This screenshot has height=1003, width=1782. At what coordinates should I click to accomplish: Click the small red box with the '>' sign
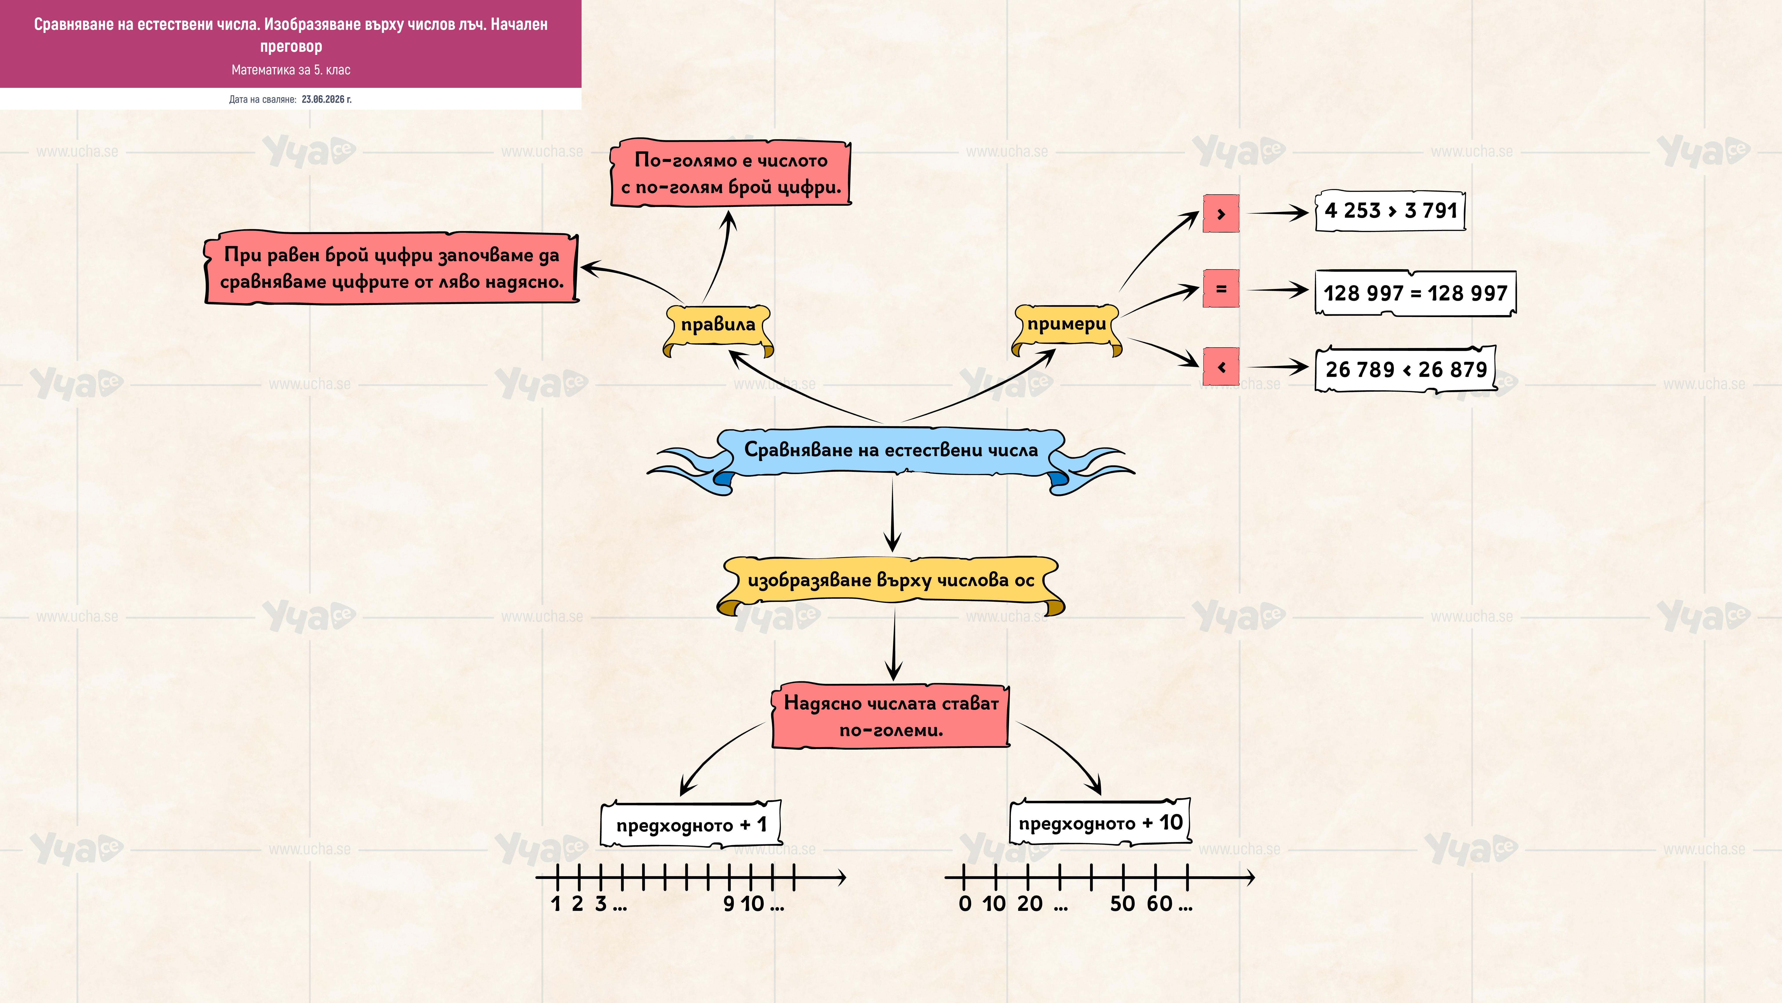click(1221, 213)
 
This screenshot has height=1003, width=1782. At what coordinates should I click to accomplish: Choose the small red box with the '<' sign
click(1221, 367)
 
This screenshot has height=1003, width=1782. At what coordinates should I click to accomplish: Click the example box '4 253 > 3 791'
click(1390, 210)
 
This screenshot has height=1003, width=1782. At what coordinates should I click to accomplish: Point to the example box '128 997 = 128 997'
click(1415, 293)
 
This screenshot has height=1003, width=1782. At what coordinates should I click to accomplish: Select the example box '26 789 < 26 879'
click(1406, 369)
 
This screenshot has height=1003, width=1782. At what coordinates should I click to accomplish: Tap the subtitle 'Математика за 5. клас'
click(291, 70)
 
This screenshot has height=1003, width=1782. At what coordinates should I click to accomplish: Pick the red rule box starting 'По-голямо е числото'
click(731, 173)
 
